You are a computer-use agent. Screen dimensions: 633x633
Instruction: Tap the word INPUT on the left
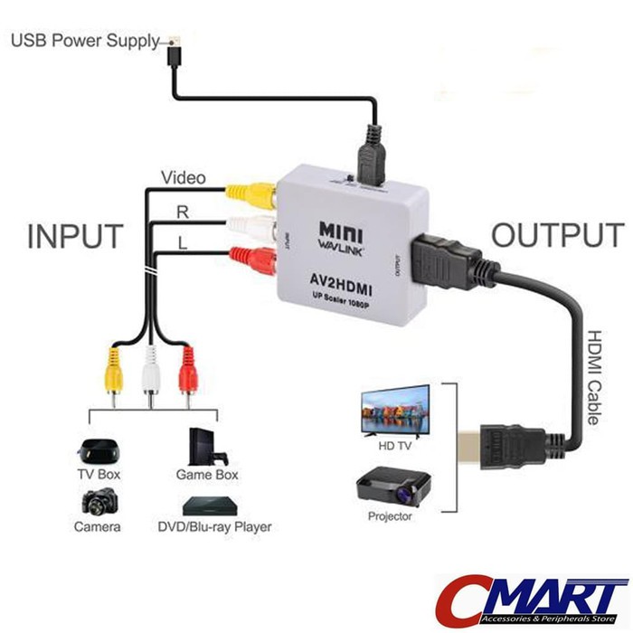(75, 237)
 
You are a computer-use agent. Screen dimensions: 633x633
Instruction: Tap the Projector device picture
(392, 487)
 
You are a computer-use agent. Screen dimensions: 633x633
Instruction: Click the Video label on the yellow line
(182, 177)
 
